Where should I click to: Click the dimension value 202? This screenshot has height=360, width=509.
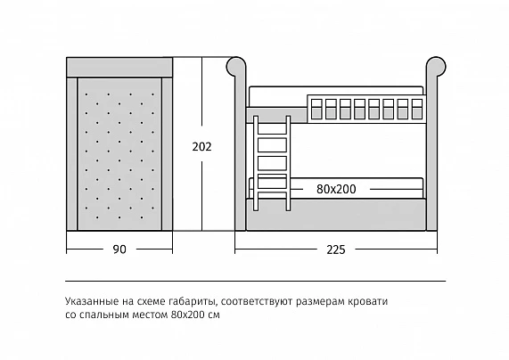(201, 147)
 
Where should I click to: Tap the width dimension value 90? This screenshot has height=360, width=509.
(119, 250)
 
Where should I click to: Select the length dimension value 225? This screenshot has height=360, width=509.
(336, 250)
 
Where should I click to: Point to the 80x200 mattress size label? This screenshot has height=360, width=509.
(336, 189)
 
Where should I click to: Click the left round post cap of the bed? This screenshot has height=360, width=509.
(236, 67)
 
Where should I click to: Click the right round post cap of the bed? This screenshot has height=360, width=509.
(436, 67)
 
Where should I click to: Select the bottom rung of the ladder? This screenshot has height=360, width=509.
(272, 193)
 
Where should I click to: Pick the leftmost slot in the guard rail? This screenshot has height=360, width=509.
(316, 109)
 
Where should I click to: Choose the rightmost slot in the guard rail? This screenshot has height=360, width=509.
(417, 109)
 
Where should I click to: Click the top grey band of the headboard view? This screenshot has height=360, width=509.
(119, 67)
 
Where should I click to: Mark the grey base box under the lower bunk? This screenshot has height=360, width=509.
(336, 215)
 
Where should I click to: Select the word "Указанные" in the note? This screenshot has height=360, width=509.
(92, 301)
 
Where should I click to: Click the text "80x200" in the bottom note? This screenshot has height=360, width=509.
(186, 315)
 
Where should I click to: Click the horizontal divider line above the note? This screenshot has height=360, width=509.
(255, 281)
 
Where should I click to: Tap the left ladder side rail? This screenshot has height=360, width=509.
(256, 163)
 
